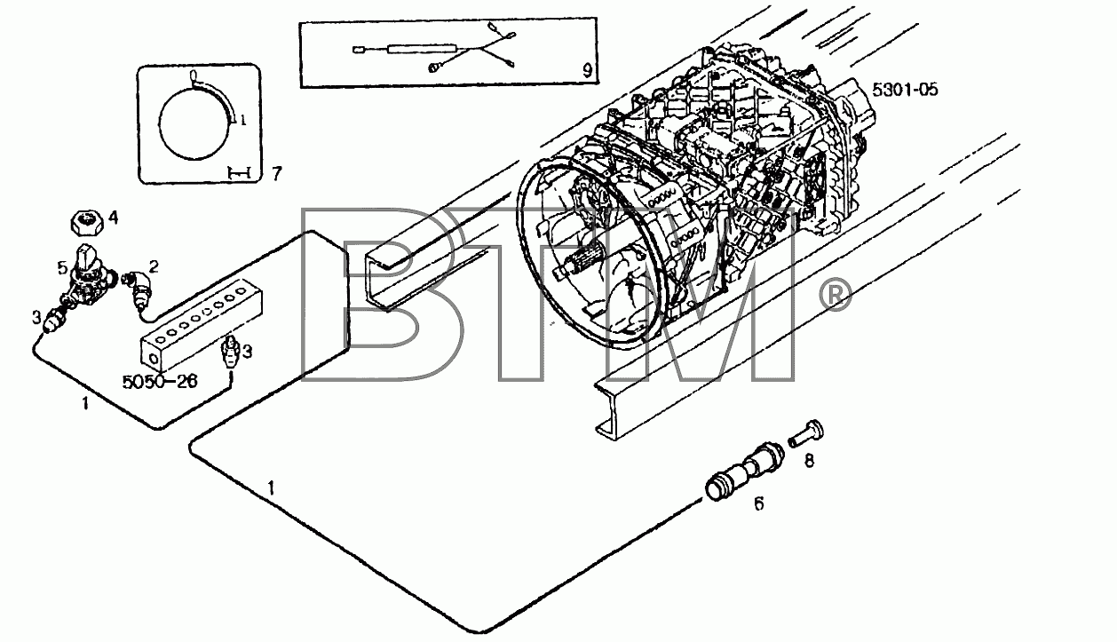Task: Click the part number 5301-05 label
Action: tap(905, 90)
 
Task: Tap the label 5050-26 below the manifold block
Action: tap(160, 382)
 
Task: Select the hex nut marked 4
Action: tap(87, 222)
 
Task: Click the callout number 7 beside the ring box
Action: tap(277, 173)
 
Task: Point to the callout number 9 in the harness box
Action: tap(587, 71)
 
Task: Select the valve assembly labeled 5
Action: tap(89, 281)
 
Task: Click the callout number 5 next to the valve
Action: tap(62, 268)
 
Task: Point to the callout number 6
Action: tap(758, 504)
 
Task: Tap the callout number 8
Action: tap(809, 461)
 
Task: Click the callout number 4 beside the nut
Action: tap(113, 218)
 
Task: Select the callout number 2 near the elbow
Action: tap(154, 267)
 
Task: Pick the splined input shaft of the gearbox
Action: tap(580, 265)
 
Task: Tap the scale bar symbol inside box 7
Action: tap(238, 173)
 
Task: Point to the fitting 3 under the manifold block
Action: tap(231, 352)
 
